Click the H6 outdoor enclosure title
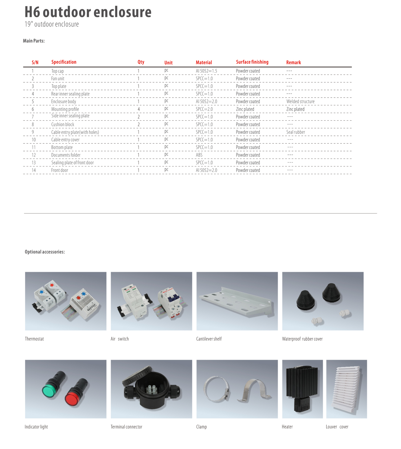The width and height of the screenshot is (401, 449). tap(88, 12)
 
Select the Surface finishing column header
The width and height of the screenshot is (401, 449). tap(252, 62)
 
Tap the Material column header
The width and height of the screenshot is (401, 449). tap(204, 63)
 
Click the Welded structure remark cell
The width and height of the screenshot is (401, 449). tap(300, 102)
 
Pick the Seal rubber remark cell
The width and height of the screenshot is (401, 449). tap(295, 132)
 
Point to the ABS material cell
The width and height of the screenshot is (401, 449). tap(199, 155)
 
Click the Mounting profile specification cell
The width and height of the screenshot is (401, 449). tap(65, 109)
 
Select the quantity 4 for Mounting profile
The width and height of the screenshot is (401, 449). tap(139, 109)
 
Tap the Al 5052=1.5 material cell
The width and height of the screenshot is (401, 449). tap(206, 71)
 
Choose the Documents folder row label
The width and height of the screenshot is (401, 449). tap(66, 155)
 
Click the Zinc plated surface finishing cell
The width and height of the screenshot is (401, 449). tap(245, 109)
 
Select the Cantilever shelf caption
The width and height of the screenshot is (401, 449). tap(209, 339)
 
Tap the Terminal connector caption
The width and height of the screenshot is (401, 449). tap(126, 427)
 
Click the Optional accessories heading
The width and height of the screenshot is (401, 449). tap(45, 252)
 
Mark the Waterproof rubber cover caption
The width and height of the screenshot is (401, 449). tap(302, 339)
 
